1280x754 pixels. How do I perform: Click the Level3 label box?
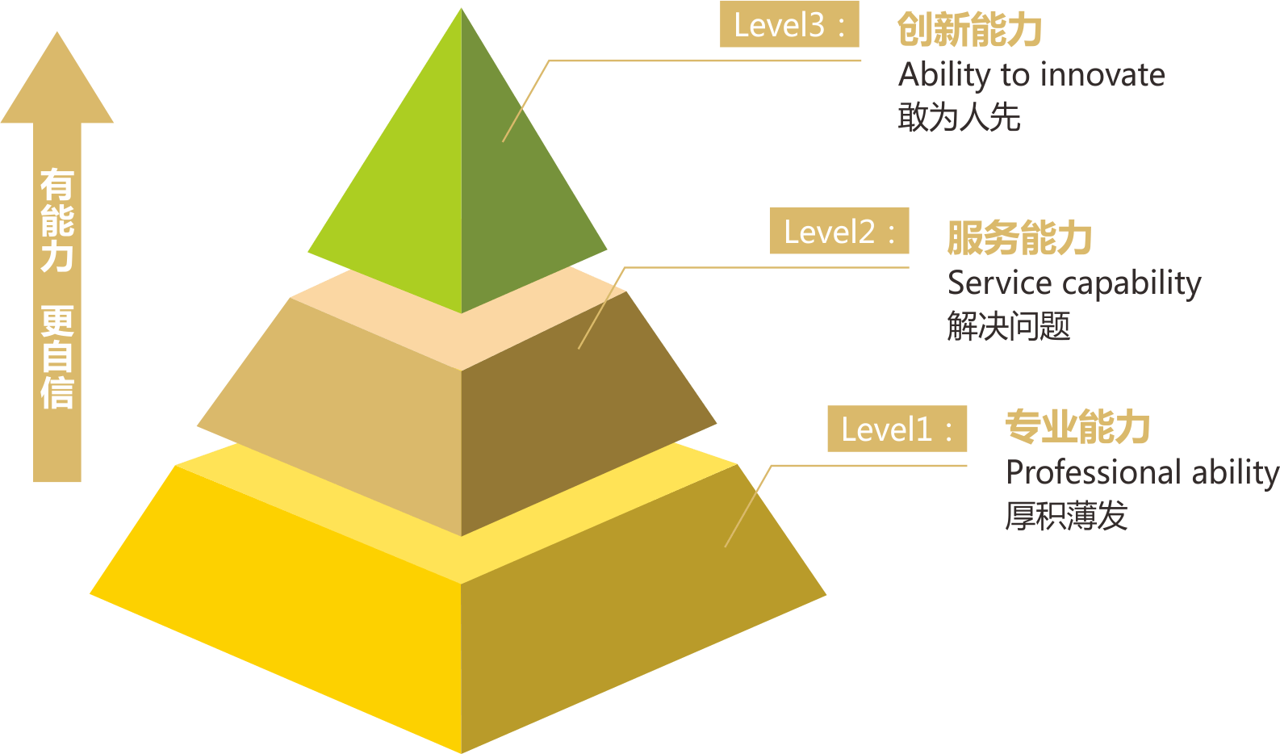789,25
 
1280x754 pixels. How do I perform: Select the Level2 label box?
839,231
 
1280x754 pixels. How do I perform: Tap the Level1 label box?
897,429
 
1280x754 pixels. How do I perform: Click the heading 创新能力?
969,30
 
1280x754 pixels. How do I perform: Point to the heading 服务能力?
1019,237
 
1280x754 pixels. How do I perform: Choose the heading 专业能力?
1077,426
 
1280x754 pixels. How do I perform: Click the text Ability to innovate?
1031,75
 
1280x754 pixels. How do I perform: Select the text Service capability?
1074,283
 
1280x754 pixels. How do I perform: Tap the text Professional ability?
1141,472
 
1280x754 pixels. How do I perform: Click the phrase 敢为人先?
959,117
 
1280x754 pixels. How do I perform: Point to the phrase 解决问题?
1009,326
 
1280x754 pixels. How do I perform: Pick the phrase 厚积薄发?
1066,516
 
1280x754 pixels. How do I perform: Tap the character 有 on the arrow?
57,185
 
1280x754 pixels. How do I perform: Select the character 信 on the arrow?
57,392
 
